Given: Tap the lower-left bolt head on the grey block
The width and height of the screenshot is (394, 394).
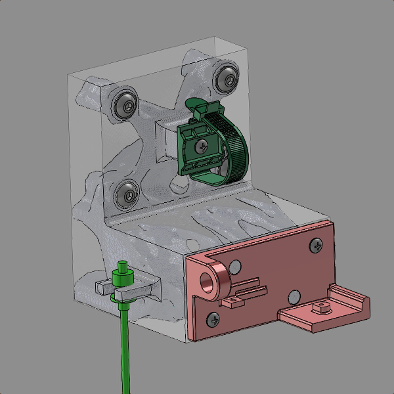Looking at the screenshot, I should [x=126, y=192].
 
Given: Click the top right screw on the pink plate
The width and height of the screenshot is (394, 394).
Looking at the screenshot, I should [x=318, y=246].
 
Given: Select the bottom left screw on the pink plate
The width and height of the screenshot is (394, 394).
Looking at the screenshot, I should [x=213, y=319].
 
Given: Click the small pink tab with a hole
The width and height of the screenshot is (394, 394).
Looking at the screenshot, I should [x=231, y=303].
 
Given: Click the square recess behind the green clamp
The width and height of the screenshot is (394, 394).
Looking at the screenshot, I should [x=166, y=139].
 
